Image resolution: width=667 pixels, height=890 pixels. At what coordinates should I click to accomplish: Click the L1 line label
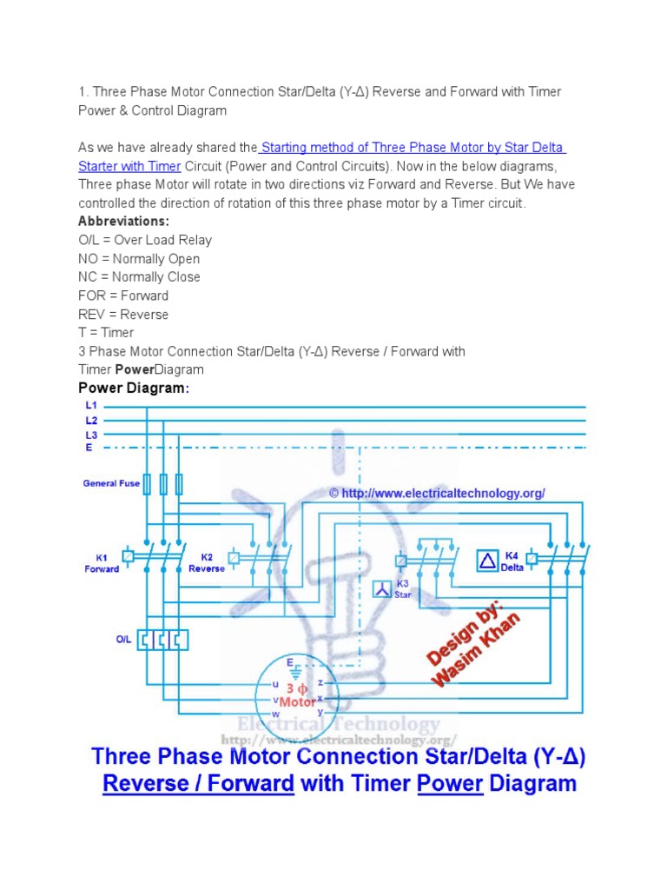[90, 406]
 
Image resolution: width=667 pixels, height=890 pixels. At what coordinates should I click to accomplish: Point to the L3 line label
[90, 435]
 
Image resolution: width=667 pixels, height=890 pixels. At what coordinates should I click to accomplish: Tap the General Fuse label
[111, 483]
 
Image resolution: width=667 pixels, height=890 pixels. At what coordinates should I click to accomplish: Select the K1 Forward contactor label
[102, 563]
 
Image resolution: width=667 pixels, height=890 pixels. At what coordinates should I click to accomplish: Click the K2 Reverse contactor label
[207, 563]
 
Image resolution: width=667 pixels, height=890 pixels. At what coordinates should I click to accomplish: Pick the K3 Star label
[402, 589]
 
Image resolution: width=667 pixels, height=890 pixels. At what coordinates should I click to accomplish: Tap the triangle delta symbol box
[487, 561]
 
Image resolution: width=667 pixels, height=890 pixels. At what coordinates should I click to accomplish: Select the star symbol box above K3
[382, 589]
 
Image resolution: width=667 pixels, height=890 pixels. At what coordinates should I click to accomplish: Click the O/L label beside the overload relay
[123, 640]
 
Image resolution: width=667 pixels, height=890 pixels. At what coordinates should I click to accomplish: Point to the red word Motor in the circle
[298, 701]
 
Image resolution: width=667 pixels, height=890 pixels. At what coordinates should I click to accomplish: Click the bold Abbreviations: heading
[123, 222]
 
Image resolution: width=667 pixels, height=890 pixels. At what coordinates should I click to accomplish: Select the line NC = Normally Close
[139, 277]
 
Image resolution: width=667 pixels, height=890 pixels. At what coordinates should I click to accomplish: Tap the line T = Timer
[106, 333]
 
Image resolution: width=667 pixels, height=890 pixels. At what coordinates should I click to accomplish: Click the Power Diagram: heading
[133, 389]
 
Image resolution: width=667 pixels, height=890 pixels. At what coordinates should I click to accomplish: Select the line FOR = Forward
[123, 296]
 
